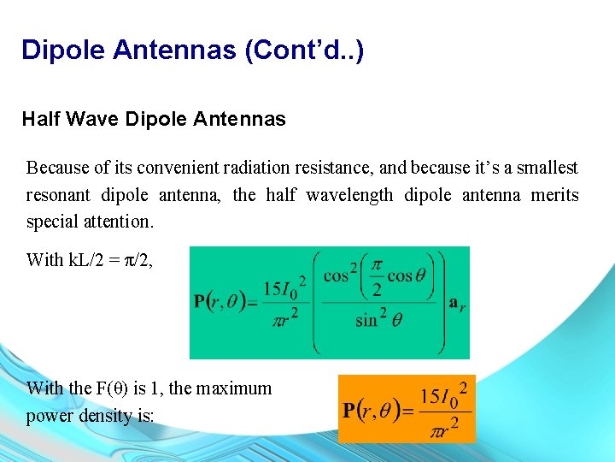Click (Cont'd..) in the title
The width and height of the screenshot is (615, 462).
304,50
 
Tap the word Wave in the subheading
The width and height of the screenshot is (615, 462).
92,119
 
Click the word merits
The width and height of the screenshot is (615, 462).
554,195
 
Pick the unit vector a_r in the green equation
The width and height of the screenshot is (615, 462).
457,300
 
